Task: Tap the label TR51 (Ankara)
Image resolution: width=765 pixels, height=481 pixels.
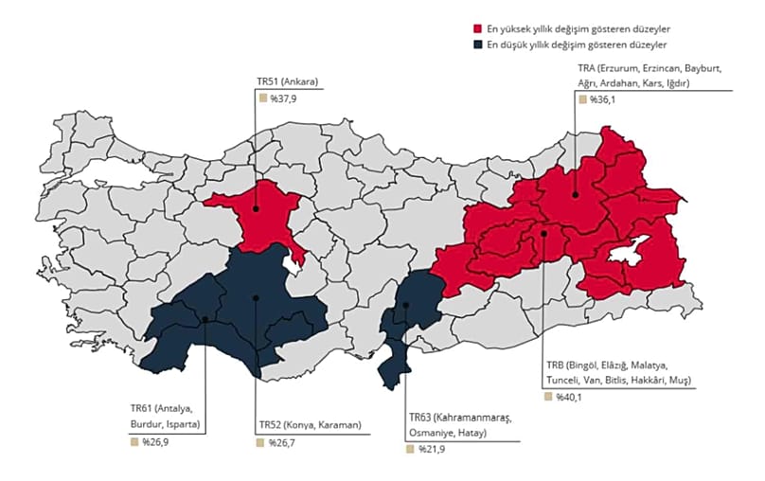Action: [287, 82]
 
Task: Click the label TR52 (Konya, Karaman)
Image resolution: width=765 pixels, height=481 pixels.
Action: [309, 425]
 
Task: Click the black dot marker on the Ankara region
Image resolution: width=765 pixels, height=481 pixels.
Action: [256, 207]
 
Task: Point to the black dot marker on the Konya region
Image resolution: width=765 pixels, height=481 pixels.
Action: [257, 298]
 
